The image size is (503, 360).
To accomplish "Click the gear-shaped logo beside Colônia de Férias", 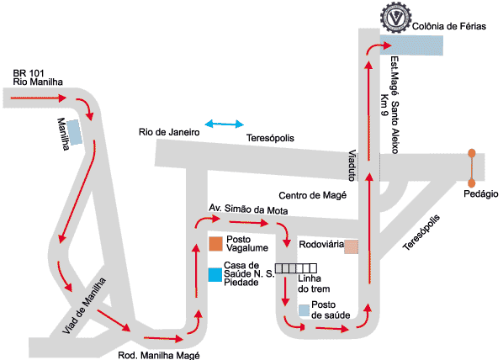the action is point(395,18).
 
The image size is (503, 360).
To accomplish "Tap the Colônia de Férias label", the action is point(449,26).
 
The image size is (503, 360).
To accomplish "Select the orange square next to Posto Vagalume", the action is point(215,244).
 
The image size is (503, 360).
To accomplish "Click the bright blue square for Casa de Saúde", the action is point(215,275).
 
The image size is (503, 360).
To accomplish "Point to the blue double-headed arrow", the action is point(225,124).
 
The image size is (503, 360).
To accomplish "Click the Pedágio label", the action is point(481,193).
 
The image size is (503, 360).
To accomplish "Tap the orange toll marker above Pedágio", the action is point(472,168).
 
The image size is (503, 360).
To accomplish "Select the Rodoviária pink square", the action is point(351,246).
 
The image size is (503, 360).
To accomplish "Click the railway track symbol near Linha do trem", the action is point(296,268).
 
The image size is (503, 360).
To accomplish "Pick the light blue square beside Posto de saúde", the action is point(304,310).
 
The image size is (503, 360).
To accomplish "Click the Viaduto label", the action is point(352,165).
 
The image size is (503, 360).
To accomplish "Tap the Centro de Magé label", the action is point(312,195).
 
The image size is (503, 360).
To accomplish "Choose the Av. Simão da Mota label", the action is point(248,209).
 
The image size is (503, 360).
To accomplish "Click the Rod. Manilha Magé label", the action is point(159,355).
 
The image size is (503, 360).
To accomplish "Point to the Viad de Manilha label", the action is point(84,306).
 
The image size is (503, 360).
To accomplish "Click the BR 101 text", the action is point(29,73).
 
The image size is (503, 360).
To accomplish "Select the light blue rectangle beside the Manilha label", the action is point(74,132).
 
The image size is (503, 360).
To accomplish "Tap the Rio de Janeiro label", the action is point(169,132).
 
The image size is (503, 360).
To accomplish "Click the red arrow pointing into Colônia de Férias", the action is point(379,47).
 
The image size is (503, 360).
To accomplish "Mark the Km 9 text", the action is point(384,104).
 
